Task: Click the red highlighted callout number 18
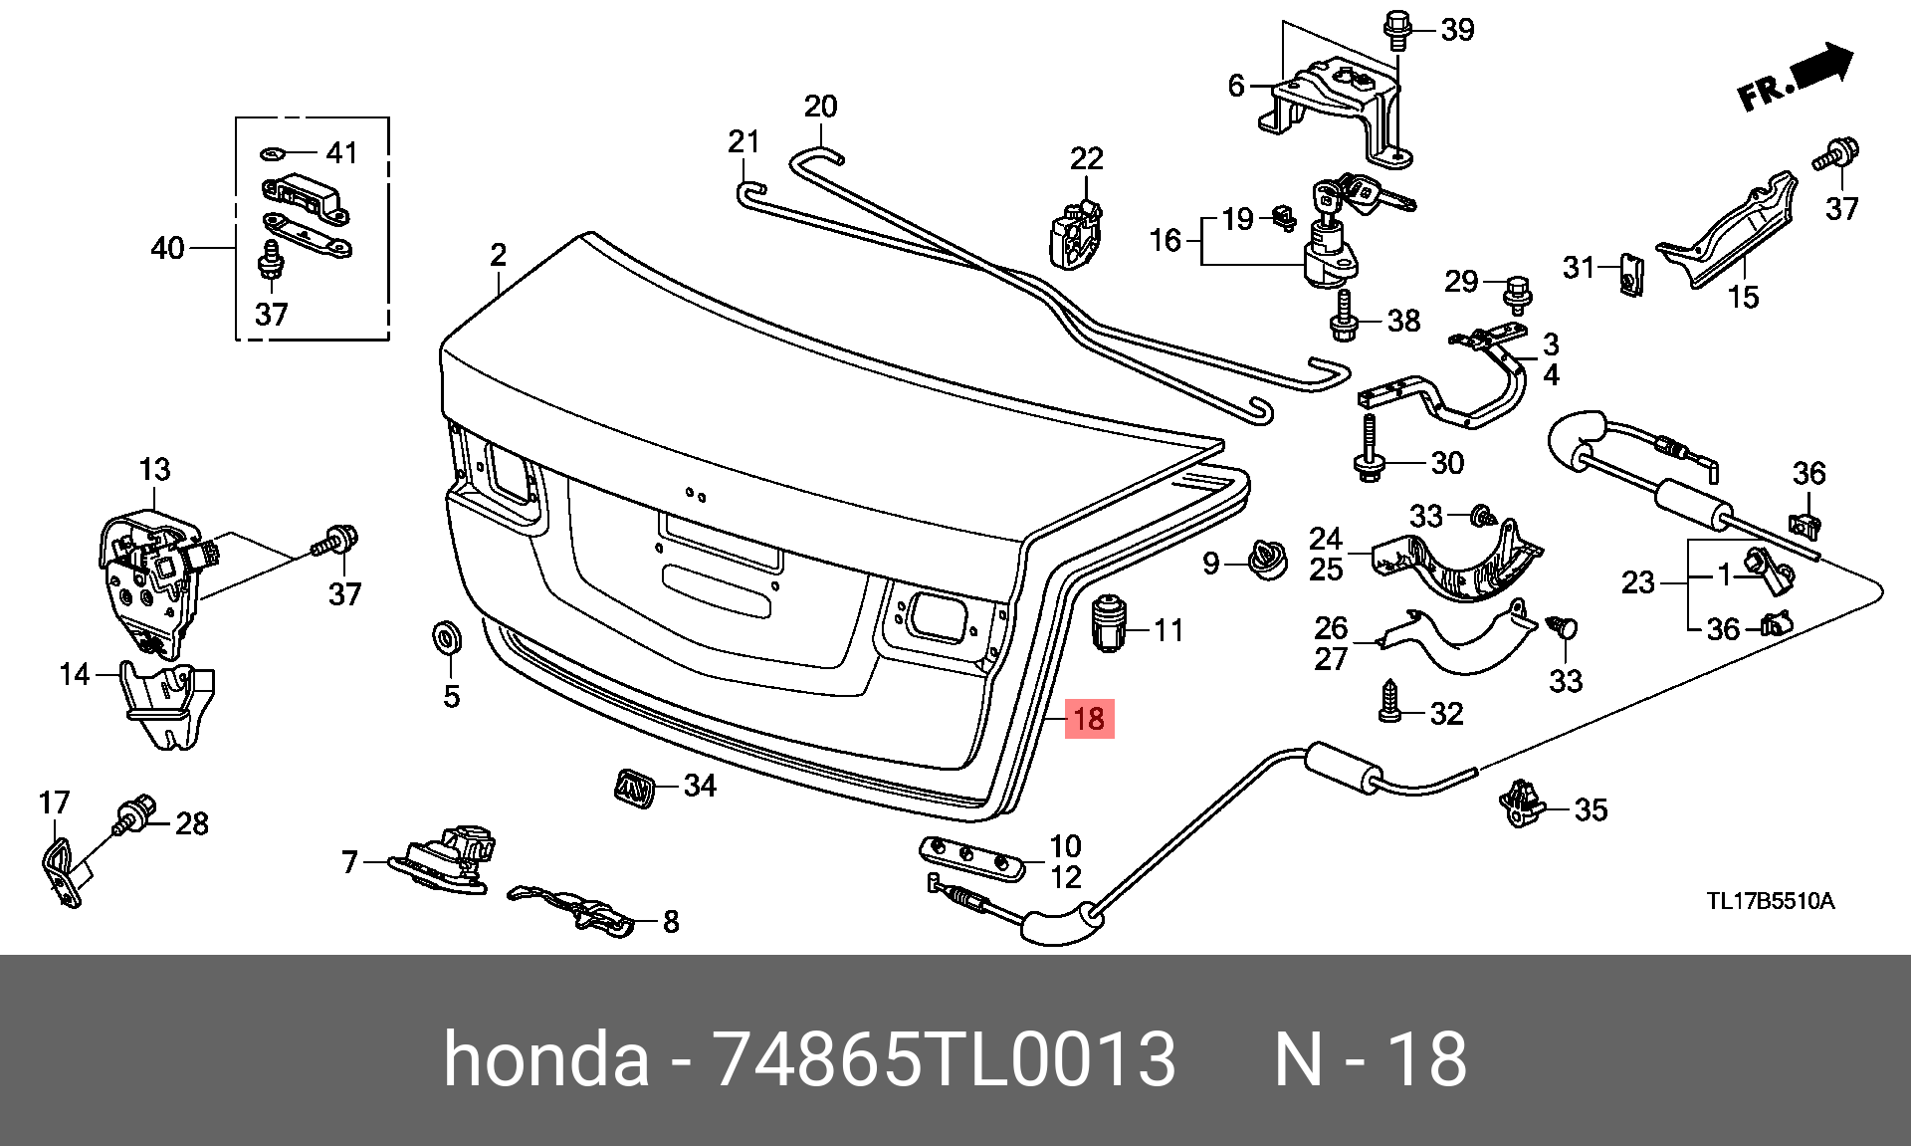(1090, 719)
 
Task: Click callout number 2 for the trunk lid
(498, 255)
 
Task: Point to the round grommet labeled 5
(444, 636)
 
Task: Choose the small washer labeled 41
(274, 153)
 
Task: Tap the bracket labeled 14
(166, 703)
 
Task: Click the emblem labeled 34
(632, 785)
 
